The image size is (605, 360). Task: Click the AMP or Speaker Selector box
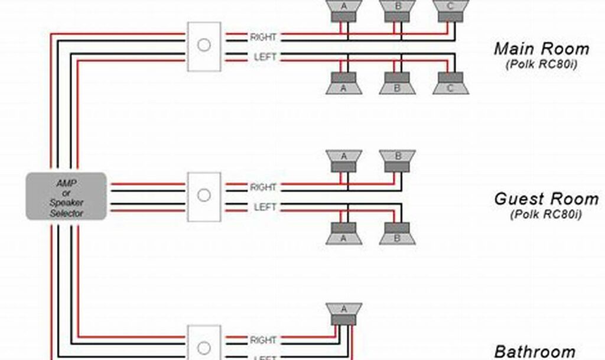click(x=66, y=196)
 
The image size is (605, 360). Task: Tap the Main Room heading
click(x=541, y=48)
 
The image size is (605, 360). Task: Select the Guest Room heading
click(x=546, y=199)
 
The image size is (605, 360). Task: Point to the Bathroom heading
click(x=534, y=352)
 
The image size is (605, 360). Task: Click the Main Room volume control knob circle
click(x=204, y=46)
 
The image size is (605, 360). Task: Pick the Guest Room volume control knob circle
click(x=204, y=196)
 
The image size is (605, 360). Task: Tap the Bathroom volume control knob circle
click(x=204, y=348)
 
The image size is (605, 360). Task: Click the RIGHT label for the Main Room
click(x=263, y=37)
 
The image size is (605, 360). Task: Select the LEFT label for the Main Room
click(x=265, y=57)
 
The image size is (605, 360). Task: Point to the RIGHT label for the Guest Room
click(x=263, y=187)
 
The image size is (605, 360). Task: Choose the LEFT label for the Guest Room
click(x=265, y=207)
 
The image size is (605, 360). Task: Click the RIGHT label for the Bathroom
click(x=263, y=340)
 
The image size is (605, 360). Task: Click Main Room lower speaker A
click(x=344, y=83)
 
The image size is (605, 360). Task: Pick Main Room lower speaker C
click(x=450, y=83)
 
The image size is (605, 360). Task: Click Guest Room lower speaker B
click(x=397, y=233)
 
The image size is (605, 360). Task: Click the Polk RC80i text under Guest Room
click(x=545, y=214)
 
